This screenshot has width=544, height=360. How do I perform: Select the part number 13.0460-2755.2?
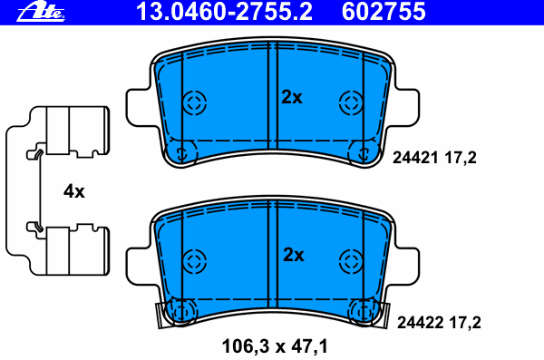click(217, 12)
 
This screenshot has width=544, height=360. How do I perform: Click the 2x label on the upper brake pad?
click(291, 98)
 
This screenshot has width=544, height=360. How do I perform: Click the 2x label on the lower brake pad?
click(292, 255)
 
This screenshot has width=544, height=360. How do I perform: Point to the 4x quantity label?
click(73, 191)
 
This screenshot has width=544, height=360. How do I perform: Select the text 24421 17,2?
click(434, 157)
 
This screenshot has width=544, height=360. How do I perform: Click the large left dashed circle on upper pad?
click(194, 102)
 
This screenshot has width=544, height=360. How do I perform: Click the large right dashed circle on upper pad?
click(350, 102)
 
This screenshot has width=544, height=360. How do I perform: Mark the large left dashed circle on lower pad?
click(194, 260)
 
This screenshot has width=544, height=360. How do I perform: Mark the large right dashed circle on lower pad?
click(350, 260)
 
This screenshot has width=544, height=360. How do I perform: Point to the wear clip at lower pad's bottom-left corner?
click(161, 314)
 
